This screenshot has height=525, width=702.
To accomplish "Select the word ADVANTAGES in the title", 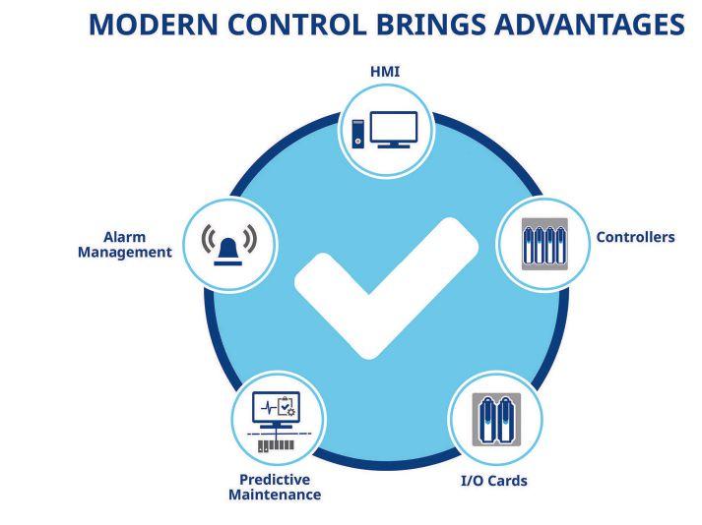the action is click(590, 25).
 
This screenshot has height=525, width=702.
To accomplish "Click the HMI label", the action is click(385, 72).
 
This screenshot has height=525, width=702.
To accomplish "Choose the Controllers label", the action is click(635, 237).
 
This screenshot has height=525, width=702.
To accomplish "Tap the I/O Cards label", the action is click(494, 481).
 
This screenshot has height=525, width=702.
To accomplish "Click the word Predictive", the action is click(275, 480).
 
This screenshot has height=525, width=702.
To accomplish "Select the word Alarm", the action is click(124, 237).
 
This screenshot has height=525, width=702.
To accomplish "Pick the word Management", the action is click(124, 253).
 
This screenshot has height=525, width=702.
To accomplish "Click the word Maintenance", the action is click(275, 495).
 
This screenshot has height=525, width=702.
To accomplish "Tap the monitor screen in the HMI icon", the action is click(394, 128).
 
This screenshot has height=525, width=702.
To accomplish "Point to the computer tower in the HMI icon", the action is click(357, 134).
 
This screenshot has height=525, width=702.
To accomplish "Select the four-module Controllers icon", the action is click(544, 244).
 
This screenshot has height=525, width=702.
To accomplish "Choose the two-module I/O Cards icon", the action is click(496, 420).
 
